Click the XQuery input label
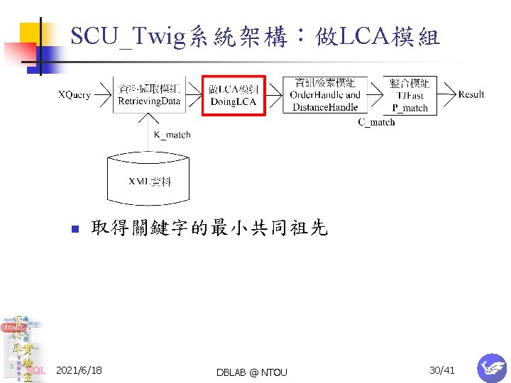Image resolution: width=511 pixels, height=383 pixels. (74, 95)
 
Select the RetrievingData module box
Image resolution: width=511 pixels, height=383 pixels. (149, 94)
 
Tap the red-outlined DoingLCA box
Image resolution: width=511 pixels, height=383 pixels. (233, 95)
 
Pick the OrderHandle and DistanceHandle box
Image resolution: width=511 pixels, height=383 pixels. (325, 95)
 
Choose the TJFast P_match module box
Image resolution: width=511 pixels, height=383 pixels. (410, 95)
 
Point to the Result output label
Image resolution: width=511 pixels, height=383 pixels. (471, 94)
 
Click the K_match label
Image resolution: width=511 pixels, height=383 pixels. (172, 135)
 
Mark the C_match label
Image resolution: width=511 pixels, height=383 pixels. (376, 122)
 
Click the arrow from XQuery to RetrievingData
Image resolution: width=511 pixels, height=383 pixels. (103, 95)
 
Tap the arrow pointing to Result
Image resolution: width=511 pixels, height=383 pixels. (447, 95)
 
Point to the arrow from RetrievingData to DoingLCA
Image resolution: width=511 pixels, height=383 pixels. (194, 95)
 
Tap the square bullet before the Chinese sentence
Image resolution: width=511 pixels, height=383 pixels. (72, 229)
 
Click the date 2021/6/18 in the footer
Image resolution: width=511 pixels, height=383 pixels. (79, 371)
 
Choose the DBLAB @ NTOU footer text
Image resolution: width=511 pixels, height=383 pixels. (253, 372)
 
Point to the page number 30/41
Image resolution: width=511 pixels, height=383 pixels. (442, 370)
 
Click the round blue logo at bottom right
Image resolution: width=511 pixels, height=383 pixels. (491, 367)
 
